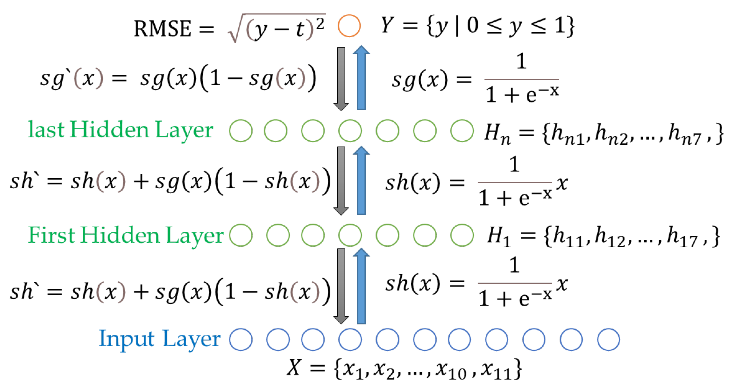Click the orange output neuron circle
349,26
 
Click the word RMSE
163,29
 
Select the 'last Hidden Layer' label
121,130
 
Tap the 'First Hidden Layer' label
126,235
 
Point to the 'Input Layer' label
159,339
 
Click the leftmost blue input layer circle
241,339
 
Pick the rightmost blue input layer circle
609,339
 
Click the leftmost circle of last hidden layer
241,131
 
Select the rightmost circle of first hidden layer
462,235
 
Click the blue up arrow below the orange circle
361,78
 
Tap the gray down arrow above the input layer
341,286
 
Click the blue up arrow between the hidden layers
361,181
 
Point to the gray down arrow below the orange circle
341,79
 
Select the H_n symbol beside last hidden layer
497,133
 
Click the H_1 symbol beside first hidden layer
498,237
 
